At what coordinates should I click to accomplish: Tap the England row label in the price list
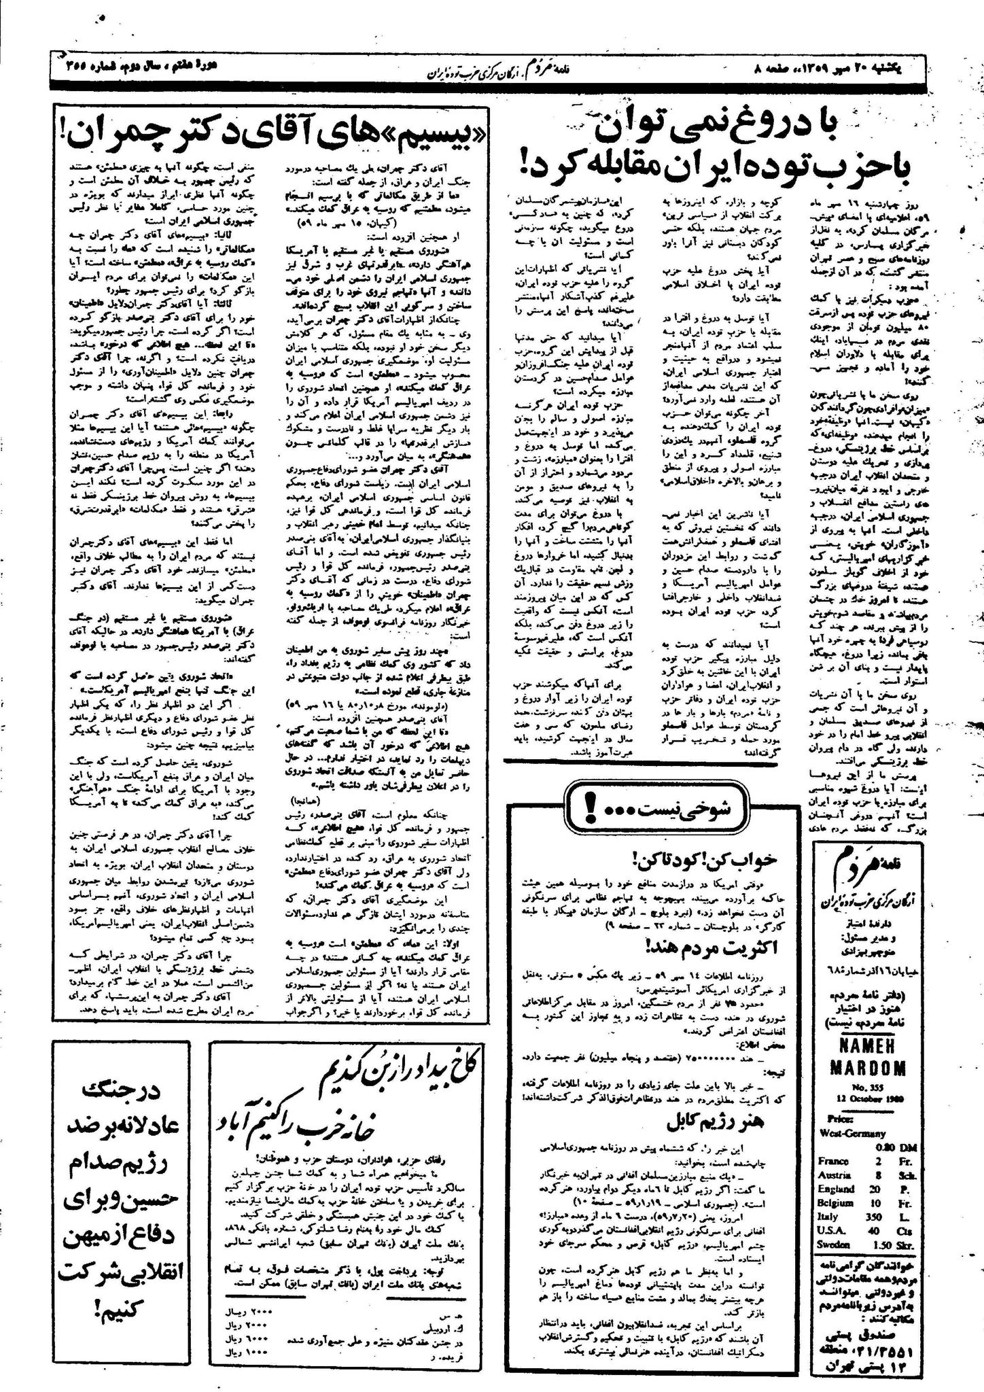[837, 1189]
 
